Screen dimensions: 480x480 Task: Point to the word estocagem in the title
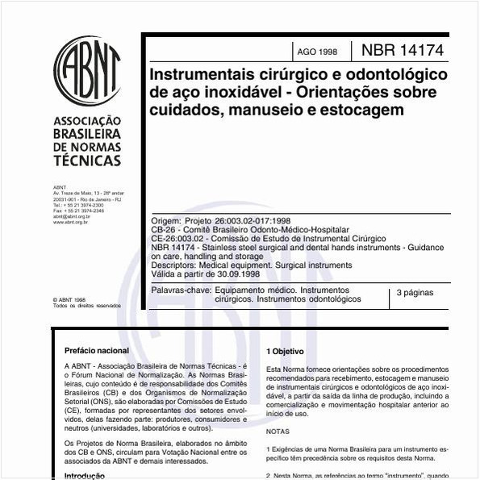pyautogui.click(x=363, y=110)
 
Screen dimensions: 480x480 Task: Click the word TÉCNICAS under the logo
pyautogui.click(x=87, y=161)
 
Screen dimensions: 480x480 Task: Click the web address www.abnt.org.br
pyautogui.click(x=71, y=222)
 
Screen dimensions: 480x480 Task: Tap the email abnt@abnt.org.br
pyautogui.click(x=72, y=216)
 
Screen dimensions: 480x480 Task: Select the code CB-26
pyautogui.click(x=165, y=230)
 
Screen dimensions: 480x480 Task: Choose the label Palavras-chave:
pyautogui.click(x=182, y=290)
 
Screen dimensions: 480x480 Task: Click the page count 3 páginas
pyautogui.click(x=416, y=294)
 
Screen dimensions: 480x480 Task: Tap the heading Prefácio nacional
pyautogui.click(x=97, y=351)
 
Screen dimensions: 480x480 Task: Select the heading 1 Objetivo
pyautogui.click(x=285, y=352)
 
